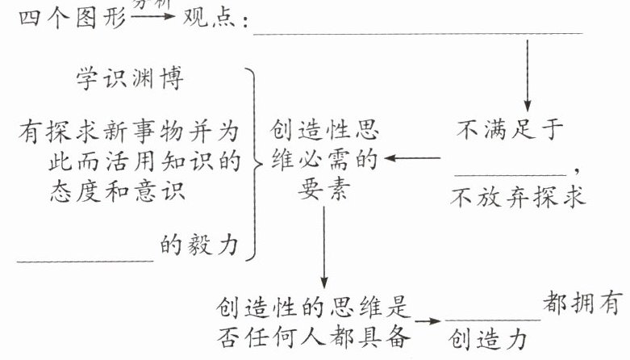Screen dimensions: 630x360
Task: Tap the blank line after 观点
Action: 417,33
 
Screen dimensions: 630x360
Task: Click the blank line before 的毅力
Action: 85,260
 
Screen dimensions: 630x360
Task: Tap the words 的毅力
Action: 198,245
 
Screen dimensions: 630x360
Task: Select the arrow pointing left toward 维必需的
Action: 414,158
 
